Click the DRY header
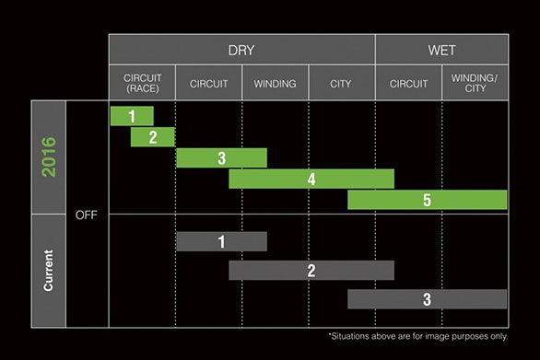241,50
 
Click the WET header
441,50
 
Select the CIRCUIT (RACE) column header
142,84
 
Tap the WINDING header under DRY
275,84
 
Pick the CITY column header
341,84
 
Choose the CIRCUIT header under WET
408,84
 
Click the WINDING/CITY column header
475,84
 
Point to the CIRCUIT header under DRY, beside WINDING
208,84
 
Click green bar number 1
132,116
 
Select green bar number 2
153,137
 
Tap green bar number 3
221,158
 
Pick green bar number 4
311,179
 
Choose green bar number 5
427,200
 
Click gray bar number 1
221,241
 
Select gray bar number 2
311,271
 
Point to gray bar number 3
427,299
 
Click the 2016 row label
49,157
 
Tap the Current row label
49,271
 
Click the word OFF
87,215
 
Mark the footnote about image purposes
417,336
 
